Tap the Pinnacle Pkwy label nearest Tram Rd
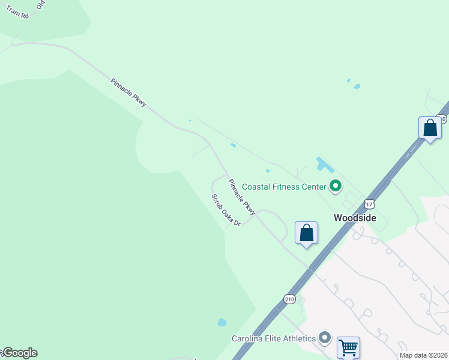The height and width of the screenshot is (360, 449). click(x=128, y=93)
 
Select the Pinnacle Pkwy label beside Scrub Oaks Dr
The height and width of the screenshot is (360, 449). click(x=242, y=197)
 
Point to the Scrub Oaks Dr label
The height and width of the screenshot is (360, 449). click(x=226, y=210)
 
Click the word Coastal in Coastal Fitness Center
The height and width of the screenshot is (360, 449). click(x=259, y=187)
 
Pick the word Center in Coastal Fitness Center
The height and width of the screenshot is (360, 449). click(x=313, y=187)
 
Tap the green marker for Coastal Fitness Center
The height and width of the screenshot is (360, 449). click(x=336, y=187)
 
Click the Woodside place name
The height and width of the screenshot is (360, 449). click(x=355, y=218)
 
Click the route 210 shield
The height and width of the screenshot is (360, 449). click(x=289, y=299)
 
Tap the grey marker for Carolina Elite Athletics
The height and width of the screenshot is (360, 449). click(x=325, y=338)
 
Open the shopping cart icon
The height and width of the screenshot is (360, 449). click(x=348, y=347)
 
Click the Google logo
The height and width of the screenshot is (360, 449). click(x=20, y=353)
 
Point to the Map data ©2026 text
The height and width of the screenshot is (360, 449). click(x=423, y=355)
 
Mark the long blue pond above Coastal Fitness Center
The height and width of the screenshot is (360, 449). click(x=325, y=166)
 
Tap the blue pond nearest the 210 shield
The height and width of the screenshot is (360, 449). click(x=222, y=322)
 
